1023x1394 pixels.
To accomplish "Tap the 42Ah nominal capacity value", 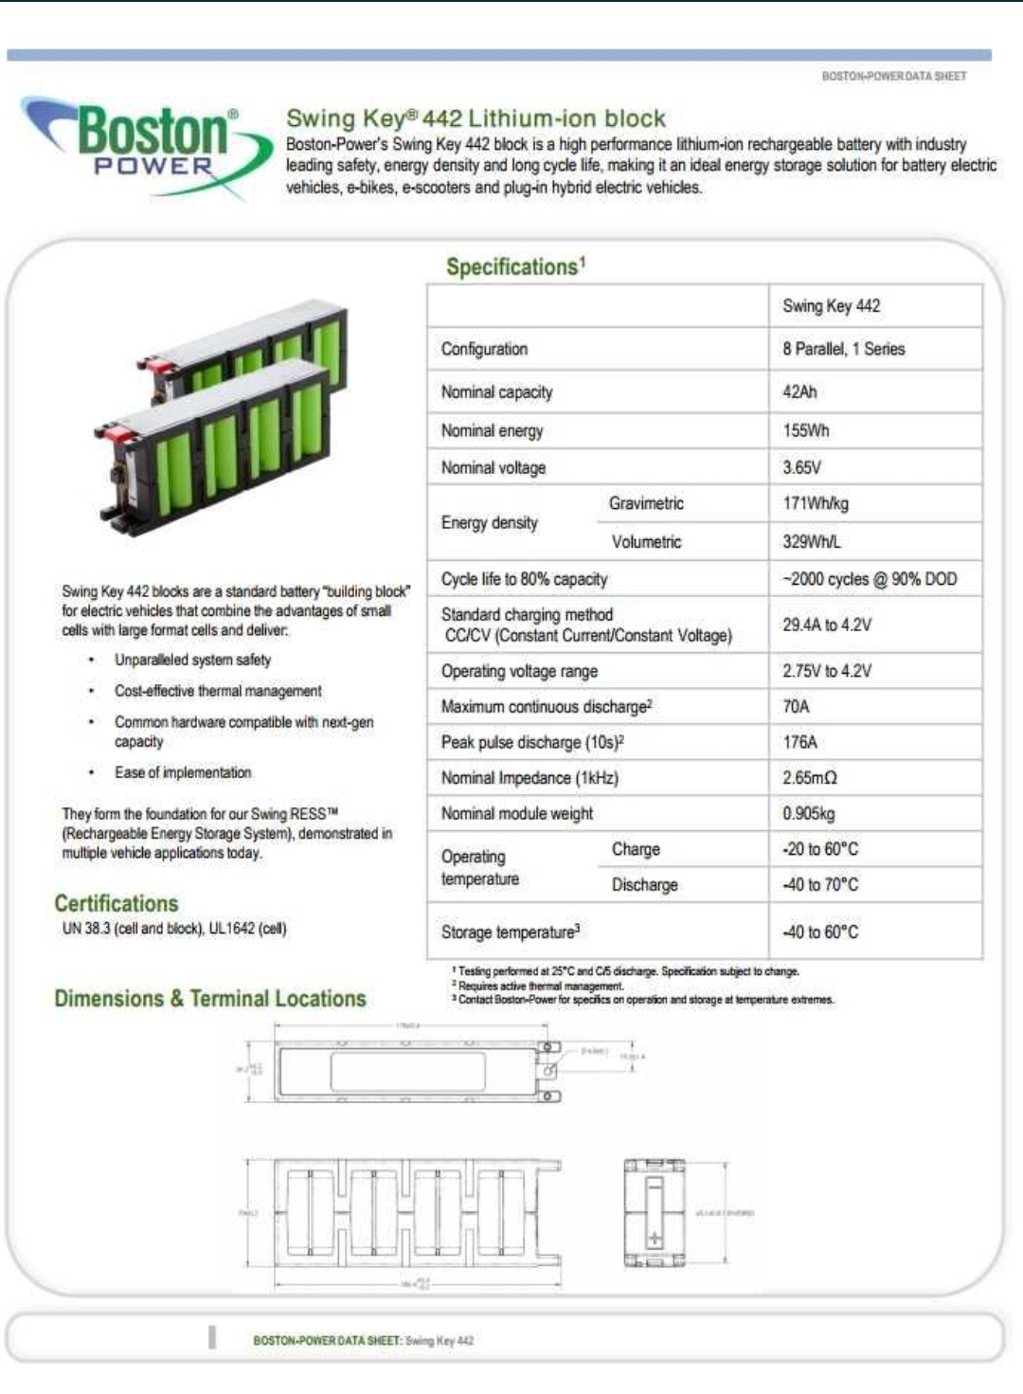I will click(x=799, y=391).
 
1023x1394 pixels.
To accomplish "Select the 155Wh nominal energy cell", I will click(x=805, y=430).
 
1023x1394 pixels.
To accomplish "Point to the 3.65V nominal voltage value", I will click(x=801, y=467).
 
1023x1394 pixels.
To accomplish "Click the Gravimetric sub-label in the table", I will click(x=646, y=503).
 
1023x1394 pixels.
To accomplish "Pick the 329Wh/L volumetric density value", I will click(x=812, y=541).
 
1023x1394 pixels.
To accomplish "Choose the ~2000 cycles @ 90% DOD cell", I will click(x=870, y=579).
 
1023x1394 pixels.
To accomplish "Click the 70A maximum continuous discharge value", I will click(x=796, y=706).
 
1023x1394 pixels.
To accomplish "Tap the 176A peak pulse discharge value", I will click(x=799, y=742).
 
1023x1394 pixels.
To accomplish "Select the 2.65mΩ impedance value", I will click(x=810, y=778).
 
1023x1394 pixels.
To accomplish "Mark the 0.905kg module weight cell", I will click(x=808, y=813).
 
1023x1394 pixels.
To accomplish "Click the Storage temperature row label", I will click(x=511, y=932).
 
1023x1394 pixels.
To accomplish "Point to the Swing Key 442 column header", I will click(x=831, y=305).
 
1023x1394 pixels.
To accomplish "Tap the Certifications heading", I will click(x=116, y=903).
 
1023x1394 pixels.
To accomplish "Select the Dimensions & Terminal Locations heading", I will click(x=210, y=998).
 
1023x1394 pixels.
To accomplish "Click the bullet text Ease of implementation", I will click(x=183, y=772).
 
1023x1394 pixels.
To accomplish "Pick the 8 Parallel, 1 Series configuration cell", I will click(x=843, y=349).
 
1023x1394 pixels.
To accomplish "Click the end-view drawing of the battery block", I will click(x=654, y=1212).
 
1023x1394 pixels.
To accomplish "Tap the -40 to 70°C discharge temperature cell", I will click(x=820, y=884).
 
